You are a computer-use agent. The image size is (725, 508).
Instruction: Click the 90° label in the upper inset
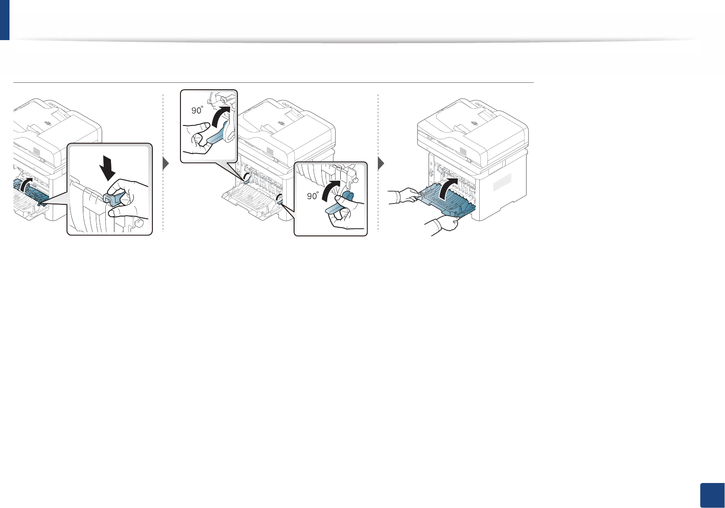click(x=197, y=110)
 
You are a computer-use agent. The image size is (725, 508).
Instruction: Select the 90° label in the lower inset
click(x=312, y=196)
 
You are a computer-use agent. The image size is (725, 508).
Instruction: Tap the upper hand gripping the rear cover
click(x=402, y=196)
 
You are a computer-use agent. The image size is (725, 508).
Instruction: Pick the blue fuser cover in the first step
click(x=30, y=190)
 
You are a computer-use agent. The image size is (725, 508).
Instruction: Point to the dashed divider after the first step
click(x=163, y=164)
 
